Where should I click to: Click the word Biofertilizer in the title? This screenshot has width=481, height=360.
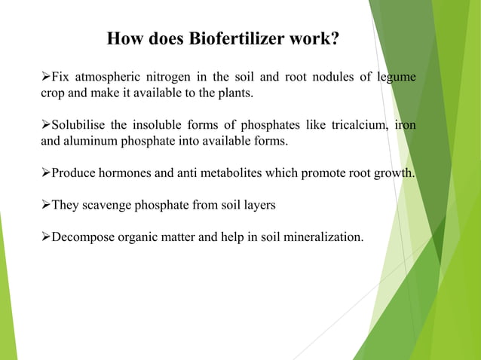click(239, 38)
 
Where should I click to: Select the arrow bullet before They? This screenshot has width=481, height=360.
click(44, 206)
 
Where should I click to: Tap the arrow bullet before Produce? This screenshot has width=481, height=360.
click(44, 173)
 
